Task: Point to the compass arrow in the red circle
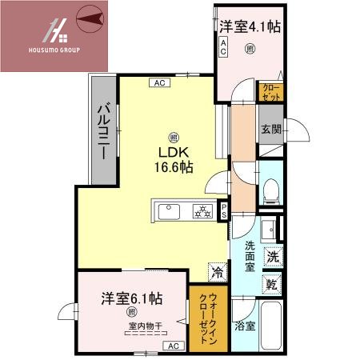click(90, 17)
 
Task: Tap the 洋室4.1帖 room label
click(250, 26)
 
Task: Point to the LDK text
click(173, 153)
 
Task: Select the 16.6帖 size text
click(174, 167)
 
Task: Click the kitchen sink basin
click(170, 212)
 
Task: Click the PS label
click(225, 212)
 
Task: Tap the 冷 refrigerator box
click(218, 271)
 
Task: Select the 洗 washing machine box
click(272, 258)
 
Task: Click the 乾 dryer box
click(272, 283)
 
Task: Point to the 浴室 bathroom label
click(246, 326)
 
